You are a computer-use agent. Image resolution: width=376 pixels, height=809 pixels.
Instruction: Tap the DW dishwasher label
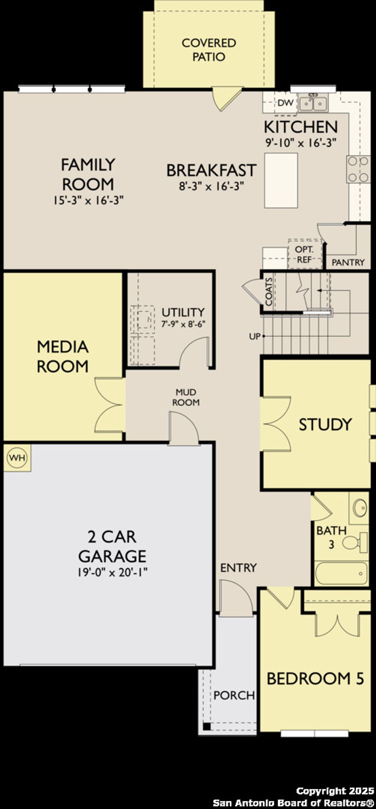[x=285, y=103]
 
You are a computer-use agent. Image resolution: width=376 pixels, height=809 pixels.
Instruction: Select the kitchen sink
[x=313, y=103]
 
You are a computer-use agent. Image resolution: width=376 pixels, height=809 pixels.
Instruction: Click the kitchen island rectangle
[x=281, y=180]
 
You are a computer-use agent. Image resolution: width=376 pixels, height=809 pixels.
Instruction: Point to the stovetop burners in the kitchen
[x=358, y=169]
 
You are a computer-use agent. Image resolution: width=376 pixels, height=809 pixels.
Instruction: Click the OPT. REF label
[x=304, y=254]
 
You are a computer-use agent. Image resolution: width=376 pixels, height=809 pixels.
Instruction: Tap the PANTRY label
[x=348, y=262]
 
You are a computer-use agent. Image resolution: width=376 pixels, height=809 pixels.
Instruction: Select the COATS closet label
[x=269, y=292]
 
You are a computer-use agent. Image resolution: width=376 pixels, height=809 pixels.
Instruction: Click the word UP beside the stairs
[x=254, y=336]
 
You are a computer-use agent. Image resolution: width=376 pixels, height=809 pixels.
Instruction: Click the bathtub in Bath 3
[x=341, y=573]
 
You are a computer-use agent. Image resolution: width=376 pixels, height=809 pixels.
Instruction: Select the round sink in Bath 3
[x=359, y=507]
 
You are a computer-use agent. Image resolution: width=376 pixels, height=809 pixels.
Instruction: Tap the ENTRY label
[x=238, y=568]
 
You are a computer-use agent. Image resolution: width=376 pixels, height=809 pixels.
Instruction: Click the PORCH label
[x=234, y=695]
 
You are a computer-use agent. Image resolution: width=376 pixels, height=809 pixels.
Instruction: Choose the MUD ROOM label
[x=186, y=397]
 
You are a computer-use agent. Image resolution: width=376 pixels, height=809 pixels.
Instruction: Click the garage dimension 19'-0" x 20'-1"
[x=112, y=572]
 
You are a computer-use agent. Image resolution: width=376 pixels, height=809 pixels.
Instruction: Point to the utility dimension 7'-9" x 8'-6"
[x=183, y=324]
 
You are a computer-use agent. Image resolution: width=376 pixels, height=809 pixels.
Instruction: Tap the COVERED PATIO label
[x=209, y=50]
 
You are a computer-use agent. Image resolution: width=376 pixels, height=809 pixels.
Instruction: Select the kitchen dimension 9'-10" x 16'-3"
[x=301, y=143]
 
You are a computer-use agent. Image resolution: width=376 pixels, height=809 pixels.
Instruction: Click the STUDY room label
[x=325, y=424]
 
